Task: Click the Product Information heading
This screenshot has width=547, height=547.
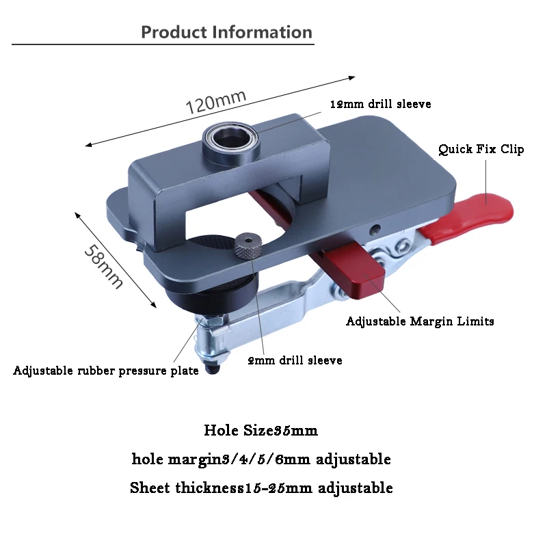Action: (x=226, y=32)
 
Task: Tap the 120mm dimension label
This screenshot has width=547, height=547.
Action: (x=216, y=102)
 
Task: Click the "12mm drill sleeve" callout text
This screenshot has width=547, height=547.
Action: (x=381, y=105)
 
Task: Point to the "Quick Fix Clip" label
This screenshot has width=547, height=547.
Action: (x=481, y=149)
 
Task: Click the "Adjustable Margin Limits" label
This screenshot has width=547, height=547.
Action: (x=420, y=321)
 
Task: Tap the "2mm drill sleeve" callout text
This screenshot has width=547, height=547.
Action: (x=295, y=360)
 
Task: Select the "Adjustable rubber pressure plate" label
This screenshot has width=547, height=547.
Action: (x=106, y=371)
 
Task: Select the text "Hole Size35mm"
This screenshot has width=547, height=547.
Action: (x=261, y=431)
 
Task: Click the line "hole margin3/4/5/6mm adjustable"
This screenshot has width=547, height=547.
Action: (x=261, y=459)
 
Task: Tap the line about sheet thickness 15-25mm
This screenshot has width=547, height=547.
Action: (x=261, y=488)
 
